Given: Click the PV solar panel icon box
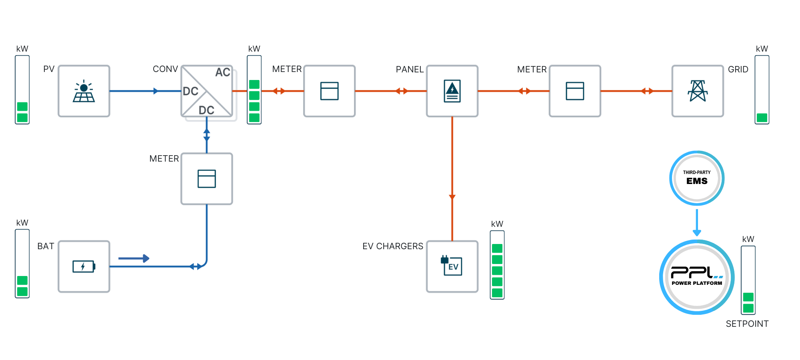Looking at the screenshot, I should point(84,91).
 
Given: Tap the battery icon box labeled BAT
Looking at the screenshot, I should point(84,266).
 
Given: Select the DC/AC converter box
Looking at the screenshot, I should point(207,91).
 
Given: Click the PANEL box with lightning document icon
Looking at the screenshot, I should point(452,91).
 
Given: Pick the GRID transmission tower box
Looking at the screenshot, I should point(698,91).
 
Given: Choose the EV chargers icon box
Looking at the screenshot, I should point(452,266).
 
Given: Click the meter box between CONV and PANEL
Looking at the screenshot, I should point(330,91).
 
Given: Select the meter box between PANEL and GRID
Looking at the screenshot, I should point(575,91).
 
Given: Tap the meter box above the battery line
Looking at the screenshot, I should point(207,179).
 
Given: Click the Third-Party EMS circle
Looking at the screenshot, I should point(697,178).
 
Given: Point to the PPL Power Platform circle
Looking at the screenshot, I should point(697,277).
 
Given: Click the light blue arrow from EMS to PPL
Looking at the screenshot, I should point(697,222).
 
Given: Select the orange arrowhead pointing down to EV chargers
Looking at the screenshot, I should point(452,197).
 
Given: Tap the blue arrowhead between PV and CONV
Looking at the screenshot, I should point(156,91).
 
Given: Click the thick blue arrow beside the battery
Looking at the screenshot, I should point(134,258).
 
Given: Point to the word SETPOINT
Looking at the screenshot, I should point(747,324).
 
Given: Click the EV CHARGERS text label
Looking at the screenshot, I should point(393,246).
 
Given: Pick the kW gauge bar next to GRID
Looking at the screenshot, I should point(762,90).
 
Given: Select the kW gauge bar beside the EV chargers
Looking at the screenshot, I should point(497,265).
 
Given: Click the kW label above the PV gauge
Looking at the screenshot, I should point(22,49).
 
